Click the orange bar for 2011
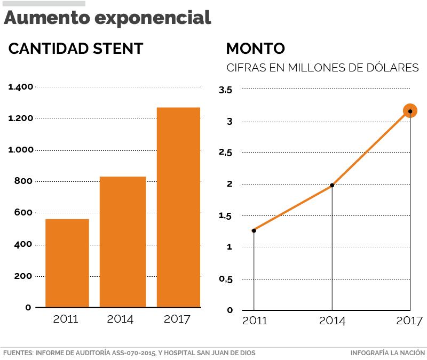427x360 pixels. click(67, 263)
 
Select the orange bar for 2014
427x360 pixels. click(123, 242)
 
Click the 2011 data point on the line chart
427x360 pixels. click(254, 230)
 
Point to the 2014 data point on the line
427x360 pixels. click(332, 185)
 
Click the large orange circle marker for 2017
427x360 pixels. click(410, 111)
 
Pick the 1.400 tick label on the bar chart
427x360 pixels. click(21, 86)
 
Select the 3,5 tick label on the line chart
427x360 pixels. click(226, 90)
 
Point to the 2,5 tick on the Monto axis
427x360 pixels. click(226, 153)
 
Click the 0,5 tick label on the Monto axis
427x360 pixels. click(226, 279)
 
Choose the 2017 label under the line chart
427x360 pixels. click(409, 321)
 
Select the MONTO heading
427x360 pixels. click(255, 49)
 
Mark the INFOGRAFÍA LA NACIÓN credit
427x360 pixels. click(388, 353)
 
